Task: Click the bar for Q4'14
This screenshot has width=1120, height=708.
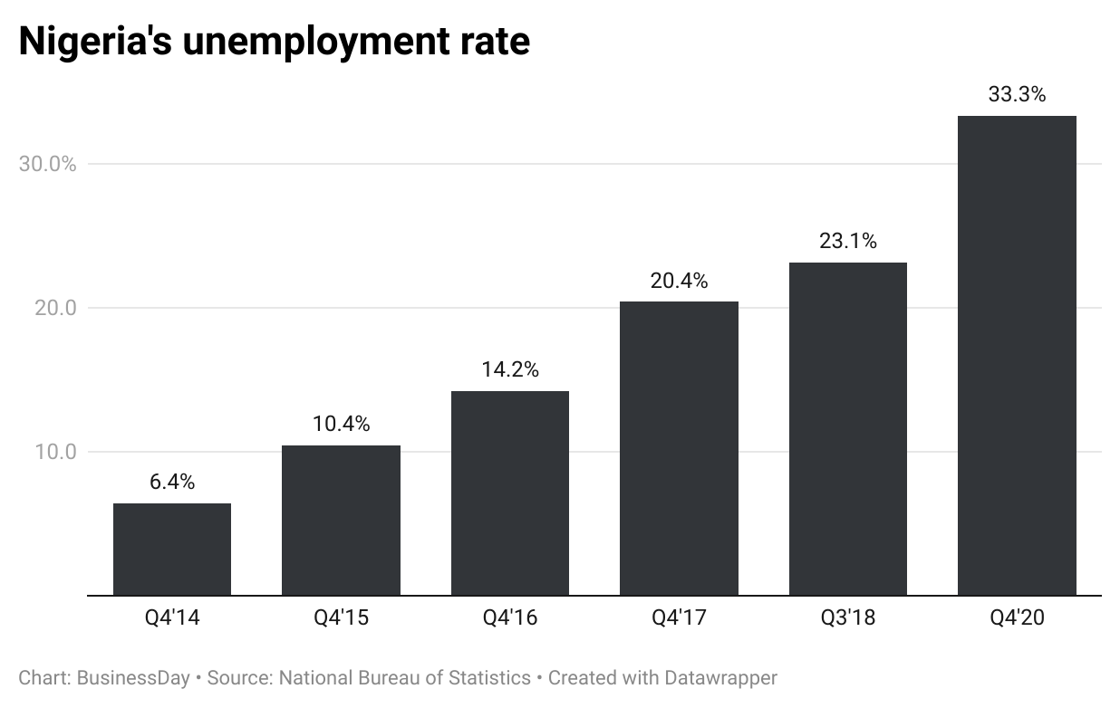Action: pos(172,550)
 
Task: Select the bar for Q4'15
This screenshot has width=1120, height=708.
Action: pos(341,521)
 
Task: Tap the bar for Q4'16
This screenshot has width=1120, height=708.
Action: pos(510,493)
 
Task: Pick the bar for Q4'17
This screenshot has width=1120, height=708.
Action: pos(679,448)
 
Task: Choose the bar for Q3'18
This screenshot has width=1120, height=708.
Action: pos(848,429)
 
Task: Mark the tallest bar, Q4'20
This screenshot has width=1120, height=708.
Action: pos(1017,356)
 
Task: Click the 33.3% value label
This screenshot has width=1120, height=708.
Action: pos(1017,94)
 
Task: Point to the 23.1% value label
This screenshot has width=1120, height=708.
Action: pos(848,241)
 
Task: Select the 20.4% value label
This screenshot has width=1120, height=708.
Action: pos(679,281)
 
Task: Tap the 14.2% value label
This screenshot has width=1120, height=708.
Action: pos(510,369)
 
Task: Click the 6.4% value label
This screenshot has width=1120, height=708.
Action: pos(172,482)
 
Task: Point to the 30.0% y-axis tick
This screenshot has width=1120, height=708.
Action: pos(48,164)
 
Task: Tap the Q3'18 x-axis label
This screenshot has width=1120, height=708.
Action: pos(848,618)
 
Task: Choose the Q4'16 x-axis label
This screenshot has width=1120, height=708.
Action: pos(510,618)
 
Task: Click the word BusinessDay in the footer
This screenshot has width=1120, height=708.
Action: pos(133,677)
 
